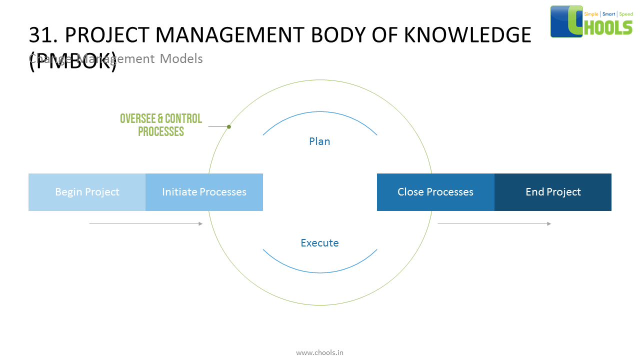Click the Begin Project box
click(x=87, y=192)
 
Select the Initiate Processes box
click(x=204, y=192)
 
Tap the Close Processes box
click(x=435, y=192)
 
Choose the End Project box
click(x=553, y=192)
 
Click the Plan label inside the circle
click(x=319, y=141)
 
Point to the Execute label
click(x=319, y=243)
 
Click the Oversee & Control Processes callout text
click(x=161, y=125)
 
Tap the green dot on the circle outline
click(x=229, y=126)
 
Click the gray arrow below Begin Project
click(x=145, y=223)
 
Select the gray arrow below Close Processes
click(x=494, y=223)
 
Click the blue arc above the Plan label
click(x=320, y=111)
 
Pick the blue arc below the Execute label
click(x=320, y=272)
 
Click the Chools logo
click(x=591, y=21)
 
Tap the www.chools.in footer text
click(x=319, y=352)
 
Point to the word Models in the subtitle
click(x=181, y=59)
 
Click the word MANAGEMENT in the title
click(x=229, y=35)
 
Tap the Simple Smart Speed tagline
click(x=608, y=14)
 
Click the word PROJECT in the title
click(x=107, y=35)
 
